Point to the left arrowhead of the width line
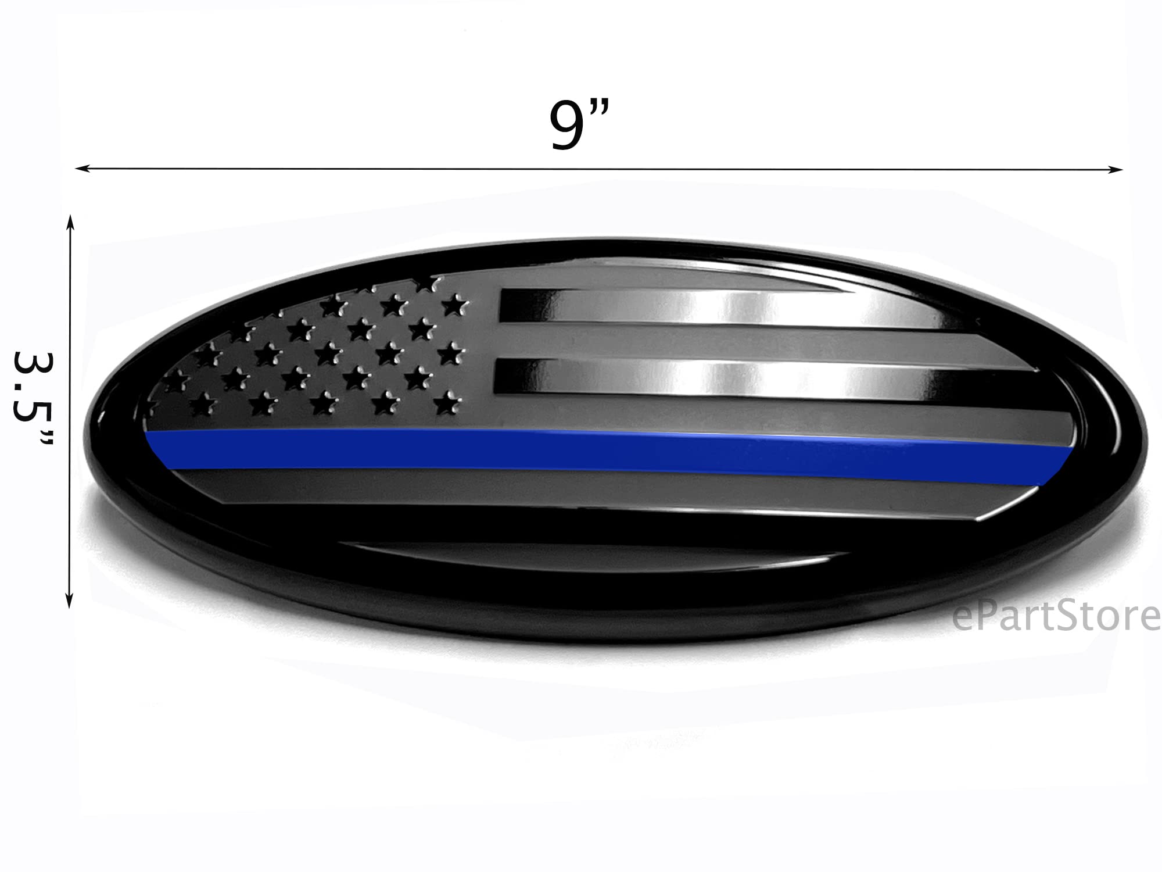(x=81, y=169)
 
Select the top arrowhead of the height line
(x=71, y=220)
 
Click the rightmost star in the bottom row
(x=446, y=403)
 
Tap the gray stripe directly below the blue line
(x=581, y=485)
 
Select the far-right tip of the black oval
(x=1146, y=442)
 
